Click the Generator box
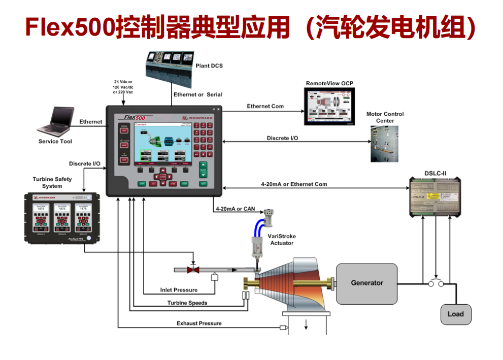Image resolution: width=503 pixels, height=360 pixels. pos(366,283)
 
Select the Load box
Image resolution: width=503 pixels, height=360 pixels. pos(455,314)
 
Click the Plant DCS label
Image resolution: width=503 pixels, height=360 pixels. pos(209,66)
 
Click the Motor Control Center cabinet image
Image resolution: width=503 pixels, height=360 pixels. pos(384,144)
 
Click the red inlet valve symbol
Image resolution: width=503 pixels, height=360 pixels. pos(192,270)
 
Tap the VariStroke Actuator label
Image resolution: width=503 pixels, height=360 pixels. pos(282,240)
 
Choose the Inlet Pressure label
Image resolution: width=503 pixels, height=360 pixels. pos(179,290)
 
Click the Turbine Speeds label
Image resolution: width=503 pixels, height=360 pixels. pos(187,303)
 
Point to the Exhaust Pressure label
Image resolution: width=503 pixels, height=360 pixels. pos(199,323)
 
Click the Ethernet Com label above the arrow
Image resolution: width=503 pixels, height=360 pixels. pos(265,106)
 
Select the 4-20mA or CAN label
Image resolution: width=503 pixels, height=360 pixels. pos(234,209)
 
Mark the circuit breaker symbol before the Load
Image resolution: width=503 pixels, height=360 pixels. pos(435,283)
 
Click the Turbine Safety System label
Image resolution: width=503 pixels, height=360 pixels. pos(52,182)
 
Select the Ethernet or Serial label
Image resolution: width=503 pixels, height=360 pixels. pos(197,94)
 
